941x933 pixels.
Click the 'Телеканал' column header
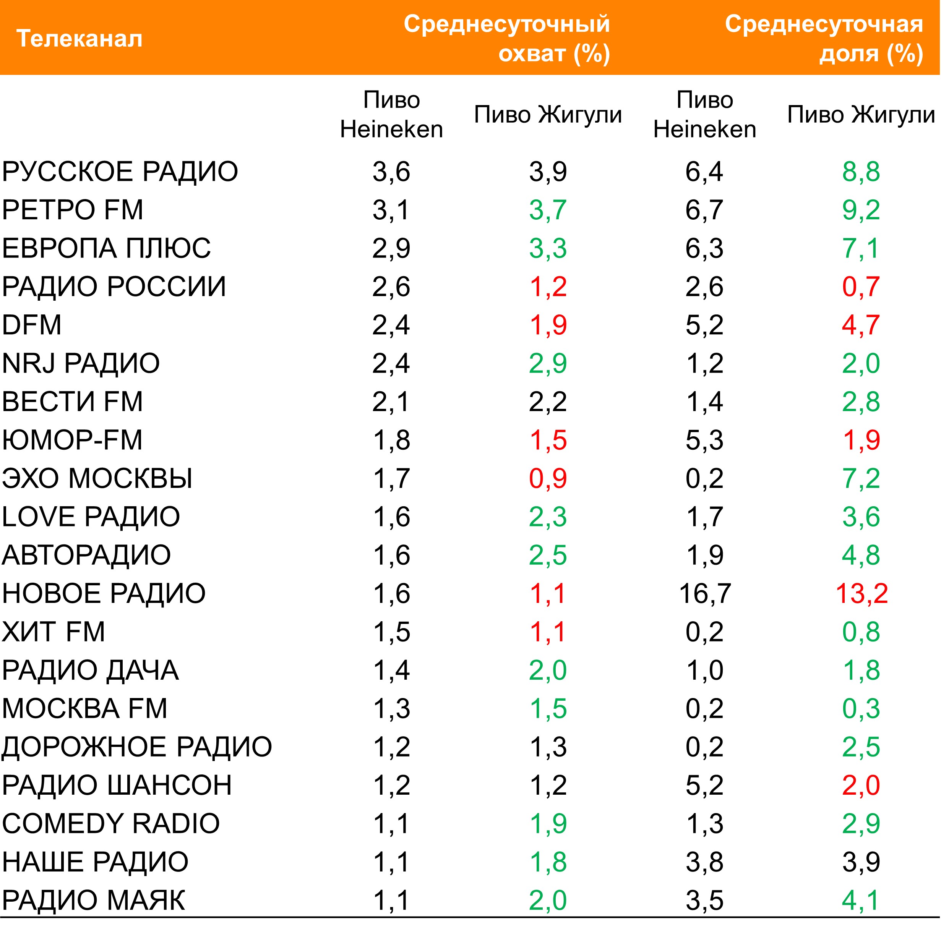point(79,39)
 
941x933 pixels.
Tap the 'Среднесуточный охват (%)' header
point(506,39)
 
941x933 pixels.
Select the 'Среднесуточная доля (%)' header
point(824,39)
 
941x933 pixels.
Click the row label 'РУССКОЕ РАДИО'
point(120,172)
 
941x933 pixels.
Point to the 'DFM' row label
point(32,325)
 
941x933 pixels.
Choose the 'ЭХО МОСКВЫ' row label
point(97,478)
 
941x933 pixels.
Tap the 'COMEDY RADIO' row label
point(111,823)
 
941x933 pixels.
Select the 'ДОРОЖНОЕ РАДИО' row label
point(137,747)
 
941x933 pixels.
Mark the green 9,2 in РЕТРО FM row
point(861,210)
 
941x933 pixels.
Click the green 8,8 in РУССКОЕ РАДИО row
point(861,172)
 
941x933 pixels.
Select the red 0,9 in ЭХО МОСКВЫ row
point(548,478)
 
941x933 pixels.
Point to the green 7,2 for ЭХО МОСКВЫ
point(861,478)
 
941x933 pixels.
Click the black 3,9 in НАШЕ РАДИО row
point(861,862)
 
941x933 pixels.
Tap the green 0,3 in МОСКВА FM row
point(861,708)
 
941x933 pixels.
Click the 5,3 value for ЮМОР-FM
point(704,440)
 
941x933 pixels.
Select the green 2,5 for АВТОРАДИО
point(548,555)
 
